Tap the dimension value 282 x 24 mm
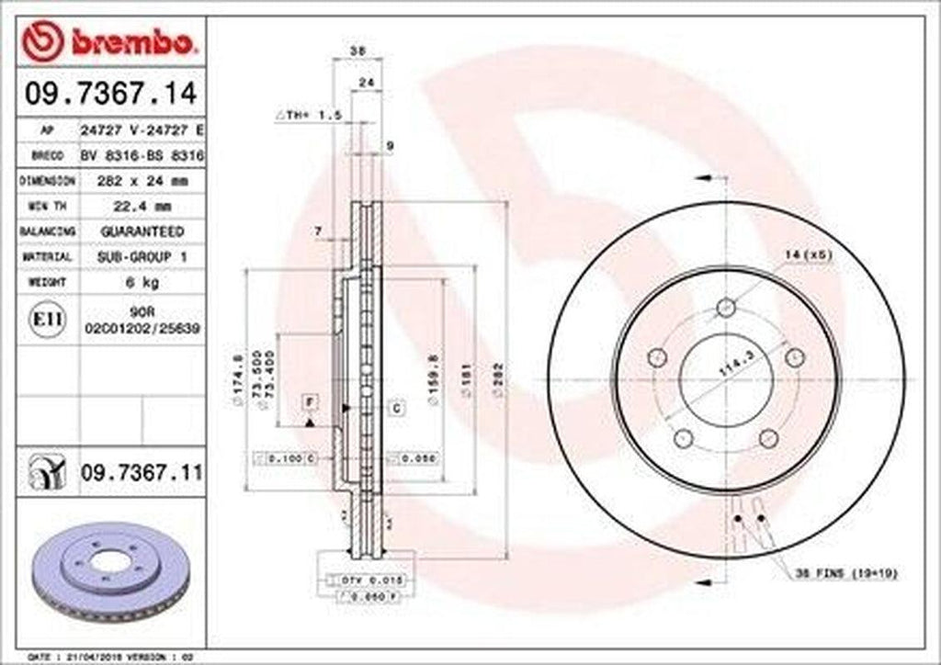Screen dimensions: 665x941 tap(142, 181)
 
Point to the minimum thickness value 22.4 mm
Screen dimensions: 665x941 tap(142, 206)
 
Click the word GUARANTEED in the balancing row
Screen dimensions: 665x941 tap(142, 231)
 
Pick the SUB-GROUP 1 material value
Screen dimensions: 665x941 tap(142, 256)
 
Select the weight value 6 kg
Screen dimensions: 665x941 tap(142, 282)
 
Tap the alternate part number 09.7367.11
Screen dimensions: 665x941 tap(142, 472)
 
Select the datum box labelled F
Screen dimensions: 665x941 tap(310, 401)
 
